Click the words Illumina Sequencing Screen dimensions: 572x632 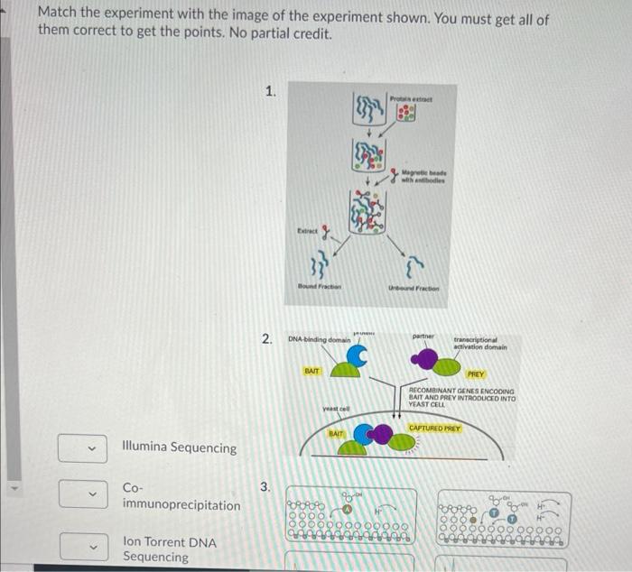click(179, 447)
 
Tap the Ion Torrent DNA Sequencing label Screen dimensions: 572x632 click(168, 549)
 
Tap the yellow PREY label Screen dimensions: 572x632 click(475, 373)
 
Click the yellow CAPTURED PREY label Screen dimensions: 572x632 click(434, 428)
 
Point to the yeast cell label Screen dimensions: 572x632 click(336, 410)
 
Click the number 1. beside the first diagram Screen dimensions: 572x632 click(271, 91)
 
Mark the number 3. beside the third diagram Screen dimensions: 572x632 click(265, 488)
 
